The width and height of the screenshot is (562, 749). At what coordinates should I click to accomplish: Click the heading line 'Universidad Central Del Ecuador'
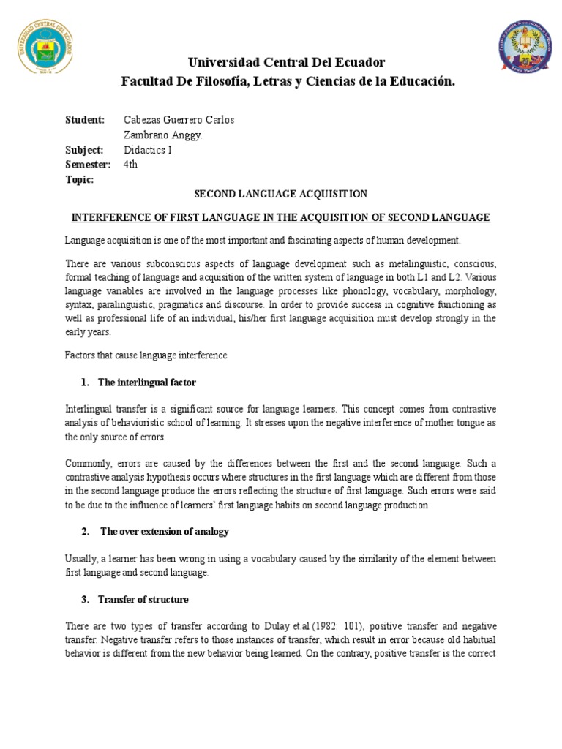pyautogui.click(x=288, y=61)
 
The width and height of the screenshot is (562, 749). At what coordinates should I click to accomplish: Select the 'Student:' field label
pyautogui.click(x=85, y=120)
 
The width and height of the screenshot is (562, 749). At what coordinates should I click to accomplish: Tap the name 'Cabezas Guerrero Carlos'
pyautogui.click(x=180, y=120)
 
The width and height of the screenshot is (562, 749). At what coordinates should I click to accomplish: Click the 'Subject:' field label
pyautogui.click(x=85, y=150)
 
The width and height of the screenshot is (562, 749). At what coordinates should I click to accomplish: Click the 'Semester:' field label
pyautogui.click(x=88, y=165)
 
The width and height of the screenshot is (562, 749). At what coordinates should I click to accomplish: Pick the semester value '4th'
pyautogui.click(x=131, y=165)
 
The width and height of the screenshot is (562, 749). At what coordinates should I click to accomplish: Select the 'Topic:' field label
pyautogui.click(x=80, y=180)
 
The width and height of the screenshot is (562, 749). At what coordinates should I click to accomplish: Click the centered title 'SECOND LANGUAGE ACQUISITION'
pyautogui.click(x=280, y=195)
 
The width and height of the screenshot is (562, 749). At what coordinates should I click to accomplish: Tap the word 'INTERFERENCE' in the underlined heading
pyautogui.click(x=102, y=218)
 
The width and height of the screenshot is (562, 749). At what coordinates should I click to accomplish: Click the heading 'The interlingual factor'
pyautogui.click(x=149, y=383)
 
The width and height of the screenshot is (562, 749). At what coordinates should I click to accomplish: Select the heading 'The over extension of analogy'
pyautogui.click(x=164, y=531)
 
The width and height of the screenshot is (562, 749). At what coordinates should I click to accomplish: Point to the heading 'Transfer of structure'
pyautogui.click(x=145, y=600)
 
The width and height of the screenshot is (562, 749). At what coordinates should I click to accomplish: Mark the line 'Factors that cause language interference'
pyautogui.click(x=146, y=355)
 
